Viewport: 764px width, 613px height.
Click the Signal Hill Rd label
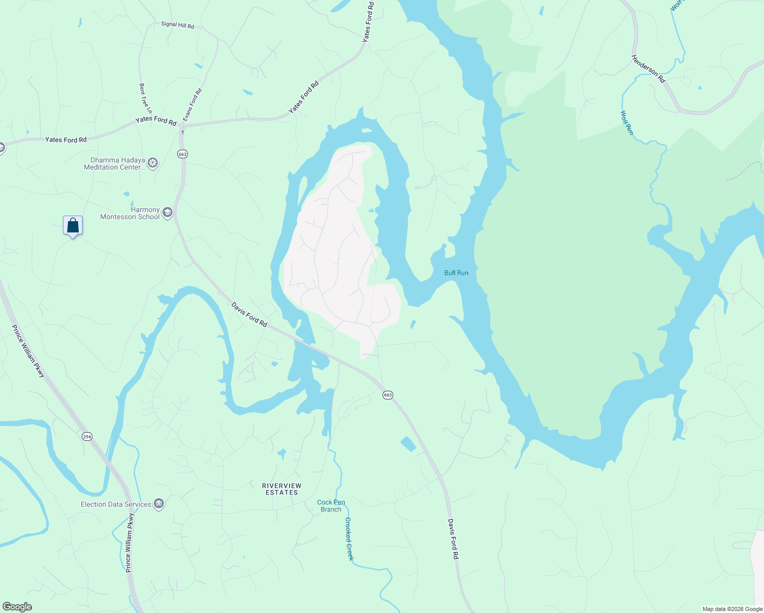177,25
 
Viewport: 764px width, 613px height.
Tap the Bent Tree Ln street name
146,99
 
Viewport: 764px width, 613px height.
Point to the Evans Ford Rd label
193,105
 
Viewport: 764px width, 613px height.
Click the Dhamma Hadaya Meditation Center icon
152,163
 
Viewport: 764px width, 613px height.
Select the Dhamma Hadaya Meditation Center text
114,163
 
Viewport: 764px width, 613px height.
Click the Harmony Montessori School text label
130,213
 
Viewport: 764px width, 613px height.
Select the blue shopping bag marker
73,225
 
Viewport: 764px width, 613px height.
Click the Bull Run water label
456,273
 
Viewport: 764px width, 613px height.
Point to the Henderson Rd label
649,69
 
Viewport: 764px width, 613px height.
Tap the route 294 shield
87,436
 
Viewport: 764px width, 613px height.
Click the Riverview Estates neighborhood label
281,489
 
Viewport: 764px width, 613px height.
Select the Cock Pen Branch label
331,506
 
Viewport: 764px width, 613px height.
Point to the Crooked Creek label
349,538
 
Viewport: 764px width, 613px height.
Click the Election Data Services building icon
159,505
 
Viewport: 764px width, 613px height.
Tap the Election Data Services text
116,504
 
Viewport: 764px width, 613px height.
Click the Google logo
17,607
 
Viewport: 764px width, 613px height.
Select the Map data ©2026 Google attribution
732,609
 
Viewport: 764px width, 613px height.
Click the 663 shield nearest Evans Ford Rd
183,154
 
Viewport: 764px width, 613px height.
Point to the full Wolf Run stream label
627,123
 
